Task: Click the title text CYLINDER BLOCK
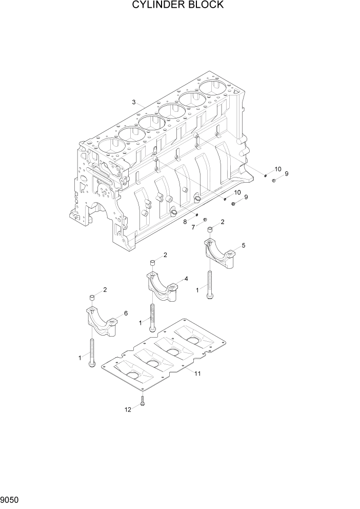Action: pos(177,6)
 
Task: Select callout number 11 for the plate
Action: pos(197,373)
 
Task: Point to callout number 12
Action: pos(128,409)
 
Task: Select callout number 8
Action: pos(185,222)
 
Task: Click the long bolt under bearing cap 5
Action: pos(210,285)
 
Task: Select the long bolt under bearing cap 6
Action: pos(91,353)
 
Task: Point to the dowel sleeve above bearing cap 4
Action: pos(153,263)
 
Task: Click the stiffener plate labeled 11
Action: pos(164,354)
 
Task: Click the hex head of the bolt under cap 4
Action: pos(152,328)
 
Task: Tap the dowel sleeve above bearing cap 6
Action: pos(91,299)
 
